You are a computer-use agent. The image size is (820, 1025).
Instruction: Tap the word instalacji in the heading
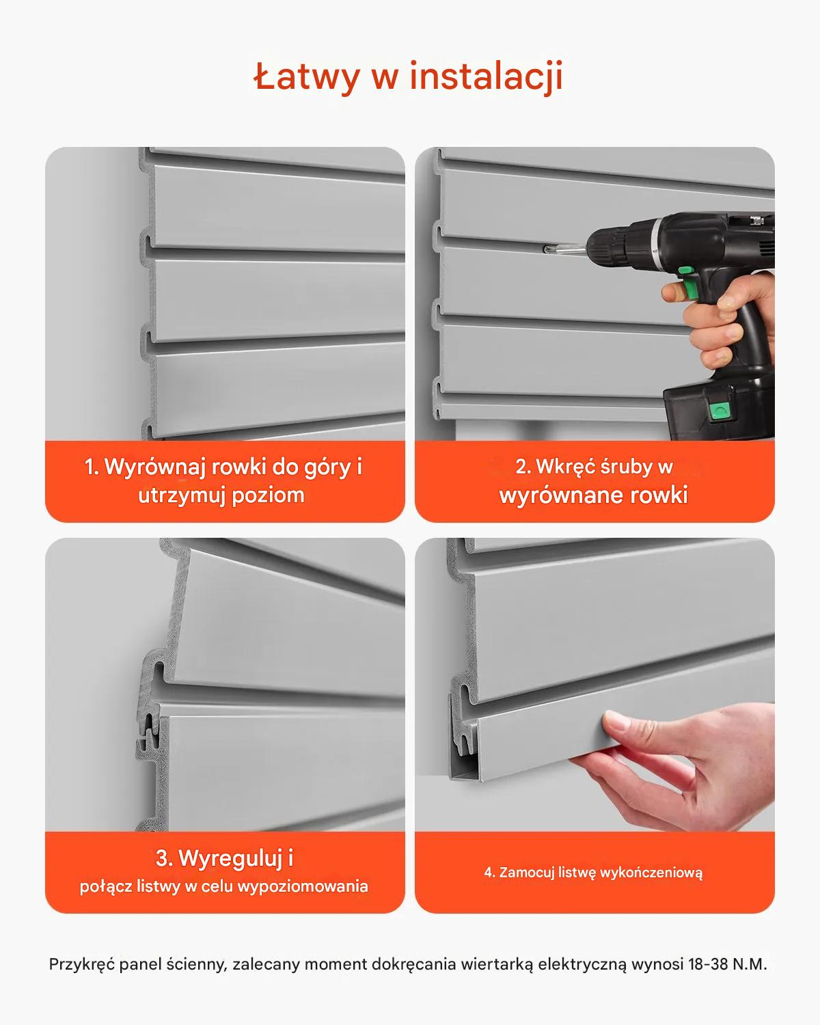coord(486,77)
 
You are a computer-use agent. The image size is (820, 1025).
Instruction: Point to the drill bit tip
coord(545,248)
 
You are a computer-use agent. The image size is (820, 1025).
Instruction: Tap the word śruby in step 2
coord(627,467)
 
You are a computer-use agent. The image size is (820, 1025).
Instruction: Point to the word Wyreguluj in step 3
coord(231,858)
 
